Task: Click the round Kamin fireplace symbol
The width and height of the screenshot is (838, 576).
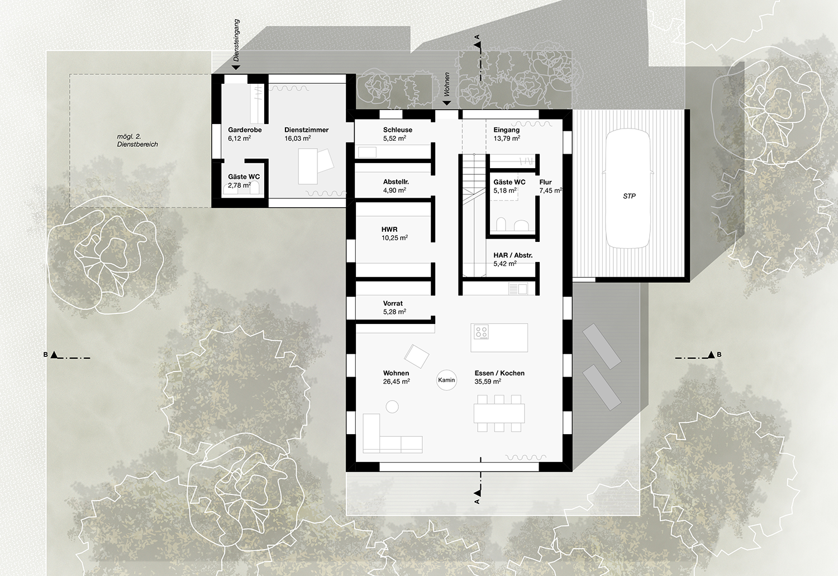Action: (446, 380)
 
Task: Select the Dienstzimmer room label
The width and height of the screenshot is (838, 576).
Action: (306, 130)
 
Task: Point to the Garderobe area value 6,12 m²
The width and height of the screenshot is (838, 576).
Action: (240, 138)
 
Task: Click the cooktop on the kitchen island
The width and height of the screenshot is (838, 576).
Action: (481, 332)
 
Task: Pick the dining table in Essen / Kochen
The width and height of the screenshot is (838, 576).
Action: (499, 413)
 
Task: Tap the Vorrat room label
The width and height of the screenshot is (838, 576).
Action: (393, 303)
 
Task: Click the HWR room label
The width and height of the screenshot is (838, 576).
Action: (389, 229)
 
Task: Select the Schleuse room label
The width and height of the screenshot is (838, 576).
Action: (398, 130)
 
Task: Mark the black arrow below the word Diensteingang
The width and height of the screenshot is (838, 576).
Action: (236, 67)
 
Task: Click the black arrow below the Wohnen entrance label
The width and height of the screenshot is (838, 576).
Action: (447, 103)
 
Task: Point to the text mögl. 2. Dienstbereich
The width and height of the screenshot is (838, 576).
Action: (137, 140)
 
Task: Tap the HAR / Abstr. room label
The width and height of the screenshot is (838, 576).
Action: (513, 255)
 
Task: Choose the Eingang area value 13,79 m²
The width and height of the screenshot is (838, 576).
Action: (507, 138)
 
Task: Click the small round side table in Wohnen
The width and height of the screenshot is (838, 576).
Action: (392, 407)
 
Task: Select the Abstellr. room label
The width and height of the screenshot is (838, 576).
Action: (396, 182)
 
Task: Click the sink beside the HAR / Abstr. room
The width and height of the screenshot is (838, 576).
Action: (518, 288)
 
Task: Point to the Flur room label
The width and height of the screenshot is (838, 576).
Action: (545, 182)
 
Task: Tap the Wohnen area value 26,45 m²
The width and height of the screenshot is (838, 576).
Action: (396, 381)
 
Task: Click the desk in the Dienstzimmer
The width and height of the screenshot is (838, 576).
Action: (307, 166)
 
